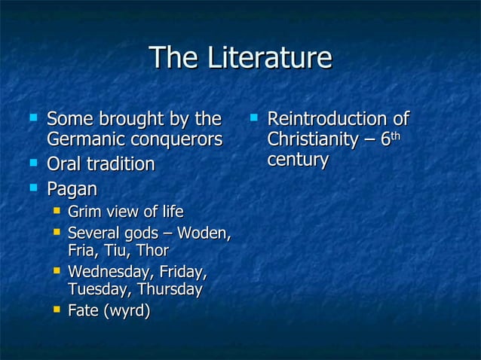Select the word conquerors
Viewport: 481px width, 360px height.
point(176,140)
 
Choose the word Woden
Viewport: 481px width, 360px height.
point(201,233)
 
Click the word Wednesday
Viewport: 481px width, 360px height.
point(106,271)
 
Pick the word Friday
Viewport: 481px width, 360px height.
point(181,271)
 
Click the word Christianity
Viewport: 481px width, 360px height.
point(312,140)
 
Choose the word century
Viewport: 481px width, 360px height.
point(297,160)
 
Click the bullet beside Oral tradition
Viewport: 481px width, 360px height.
point(32,163)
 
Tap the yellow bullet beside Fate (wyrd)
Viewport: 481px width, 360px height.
point(56,309)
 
